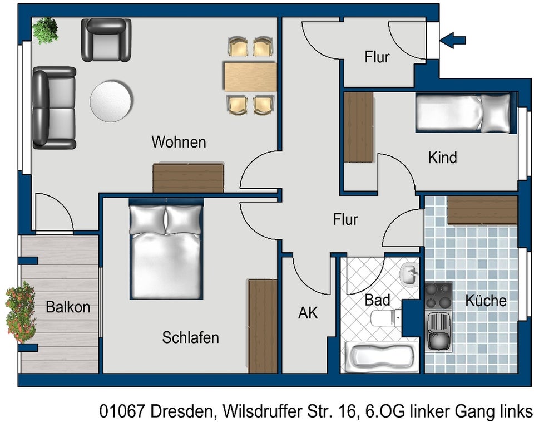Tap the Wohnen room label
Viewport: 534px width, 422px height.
[x=179, y=142]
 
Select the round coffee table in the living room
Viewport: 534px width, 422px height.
[x=111, y=101]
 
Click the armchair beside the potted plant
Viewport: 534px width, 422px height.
[x=106, y=40]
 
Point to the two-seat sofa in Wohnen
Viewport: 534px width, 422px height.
[x=53, y=108]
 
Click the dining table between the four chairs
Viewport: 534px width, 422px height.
[x=250, y=76]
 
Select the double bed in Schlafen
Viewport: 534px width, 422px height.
[x=166, y=250]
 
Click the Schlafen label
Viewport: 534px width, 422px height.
[x=190, y=337]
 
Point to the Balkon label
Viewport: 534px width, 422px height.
[x=68, y=307]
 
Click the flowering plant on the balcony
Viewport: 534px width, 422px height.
[x=21, y=312]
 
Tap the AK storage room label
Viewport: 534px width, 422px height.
[x=308, y=313]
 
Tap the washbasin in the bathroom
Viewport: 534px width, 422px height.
[x=409, y=274]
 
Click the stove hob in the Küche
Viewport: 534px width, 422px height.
[x=438, y=296]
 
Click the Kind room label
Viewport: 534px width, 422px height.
[x=442, y=158]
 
